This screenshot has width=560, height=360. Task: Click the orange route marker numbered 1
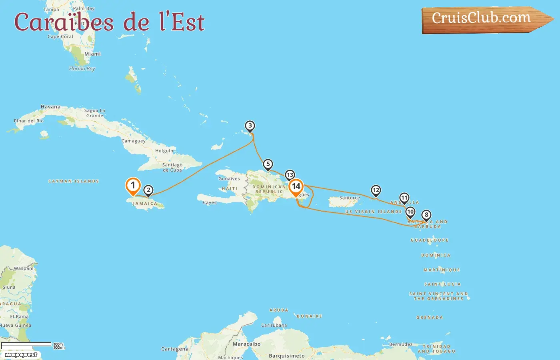click(133, 186)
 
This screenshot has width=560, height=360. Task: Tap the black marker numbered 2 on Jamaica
click(148, 190)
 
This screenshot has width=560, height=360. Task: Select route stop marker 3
click(250, 126)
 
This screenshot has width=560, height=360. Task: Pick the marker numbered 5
click(268, 164)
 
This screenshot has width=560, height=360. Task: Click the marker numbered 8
click(426, 215)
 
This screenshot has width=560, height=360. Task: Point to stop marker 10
click(410, 212)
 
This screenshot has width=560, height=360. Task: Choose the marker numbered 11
click(404, 198)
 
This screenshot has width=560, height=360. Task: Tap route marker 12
click(376, 190)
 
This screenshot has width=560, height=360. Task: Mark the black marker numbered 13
click(290, 175)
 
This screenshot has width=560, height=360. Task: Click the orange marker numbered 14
click(296, 186)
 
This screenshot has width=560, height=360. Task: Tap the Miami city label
click(92, 54)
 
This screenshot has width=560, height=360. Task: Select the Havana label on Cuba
click(51, 107)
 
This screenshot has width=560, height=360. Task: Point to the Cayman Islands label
click(74, 181)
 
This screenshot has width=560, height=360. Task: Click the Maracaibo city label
click(247, 344)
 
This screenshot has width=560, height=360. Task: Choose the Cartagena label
click(175, 349)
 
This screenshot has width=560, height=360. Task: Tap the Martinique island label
click(442, 270)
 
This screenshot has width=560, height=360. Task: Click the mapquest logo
click(21, 355)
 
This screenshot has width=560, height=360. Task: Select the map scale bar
click(26, 344)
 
